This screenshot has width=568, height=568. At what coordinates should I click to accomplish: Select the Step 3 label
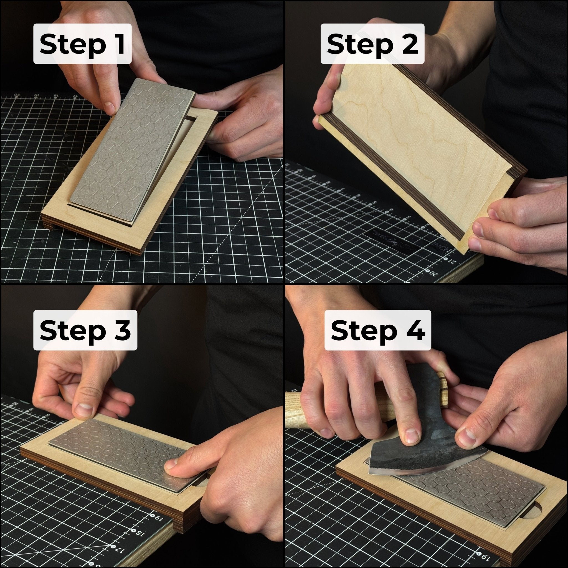click(85, 330)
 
